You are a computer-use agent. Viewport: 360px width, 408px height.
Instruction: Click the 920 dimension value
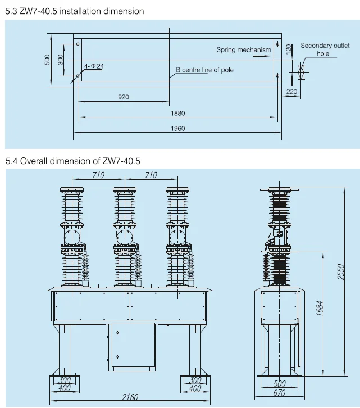coord(124,97)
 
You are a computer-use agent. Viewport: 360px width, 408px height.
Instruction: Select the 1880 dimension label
coord(178,113)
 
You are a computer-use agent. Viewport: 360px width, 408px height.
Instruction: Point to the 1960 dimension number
coord(178,129)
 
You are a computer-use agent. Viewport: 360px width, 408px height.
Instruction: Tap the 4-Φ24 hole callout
coord(94,66)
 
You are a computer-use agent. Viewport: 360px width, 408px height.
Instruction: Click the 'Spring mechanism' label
coord(244,50)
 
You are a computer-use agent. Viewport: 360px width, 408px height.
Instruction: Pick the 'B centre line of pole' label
coord(204,70)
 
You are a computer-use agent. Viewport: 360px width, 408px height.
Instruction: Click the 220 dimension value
coord(291,91)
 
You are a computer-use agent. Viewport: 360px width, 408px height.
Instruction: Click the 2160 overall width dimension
coord(130,397)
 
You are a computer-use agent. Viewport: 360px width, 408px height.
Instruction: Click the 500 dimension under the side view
coord(279,384)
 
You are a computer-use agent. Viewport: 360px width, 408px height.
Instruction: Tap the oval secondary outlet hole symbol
coord(301,72)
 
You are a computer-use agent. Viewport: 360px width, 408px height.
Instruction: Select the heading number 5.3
coord(11,11)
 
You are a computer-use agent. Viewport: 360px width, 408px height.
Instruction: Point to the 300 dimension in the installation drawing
coord(62,58)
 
